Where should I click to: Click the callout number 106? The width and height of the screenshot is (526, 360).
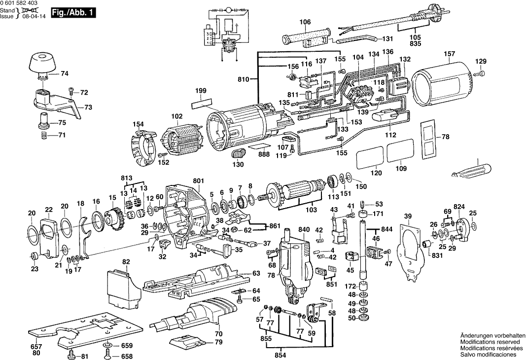point(306,22)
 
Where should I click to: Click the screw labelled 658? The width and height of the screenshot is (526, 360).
point(108,355)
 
